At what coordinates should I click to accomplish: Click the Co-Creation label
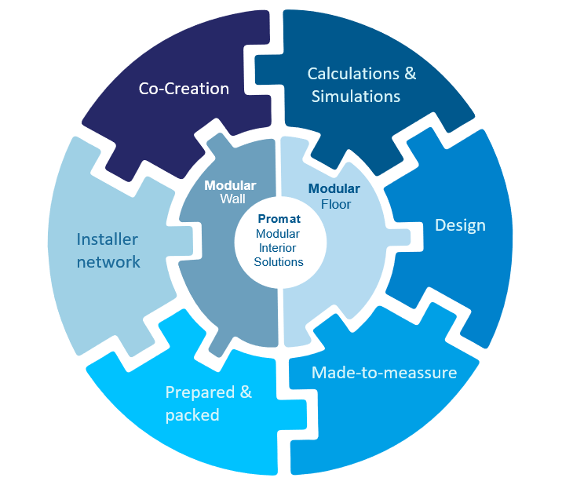(x=184, y=89)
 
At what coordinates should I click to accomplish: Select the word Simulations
(x=356, y=97)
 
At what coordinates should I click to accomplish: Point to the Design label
(x=460, y=225)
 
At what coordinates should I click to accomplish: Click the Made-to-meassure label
(x=384, y=372)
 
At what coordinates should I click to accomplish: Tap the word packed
(x=192, y=415)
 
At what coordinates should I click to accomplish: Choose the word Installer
(x=108, y=239)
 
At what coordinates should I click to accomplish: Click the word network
(x=108, y=261)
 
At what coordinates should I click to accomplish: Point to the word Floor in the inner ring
(x=334, y=204)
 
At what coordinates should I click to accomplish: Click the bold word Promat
(x=279, y=220)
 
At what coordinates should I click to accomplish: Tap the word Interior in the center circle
(x=279, y=247)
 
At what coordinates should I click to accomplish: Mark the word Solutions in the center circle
(x=279, y=261)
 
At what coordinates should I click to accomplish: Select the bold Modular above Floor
(x=334, y=188)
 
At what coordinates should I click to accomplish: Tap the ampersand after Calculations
(x=409, y=74)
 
